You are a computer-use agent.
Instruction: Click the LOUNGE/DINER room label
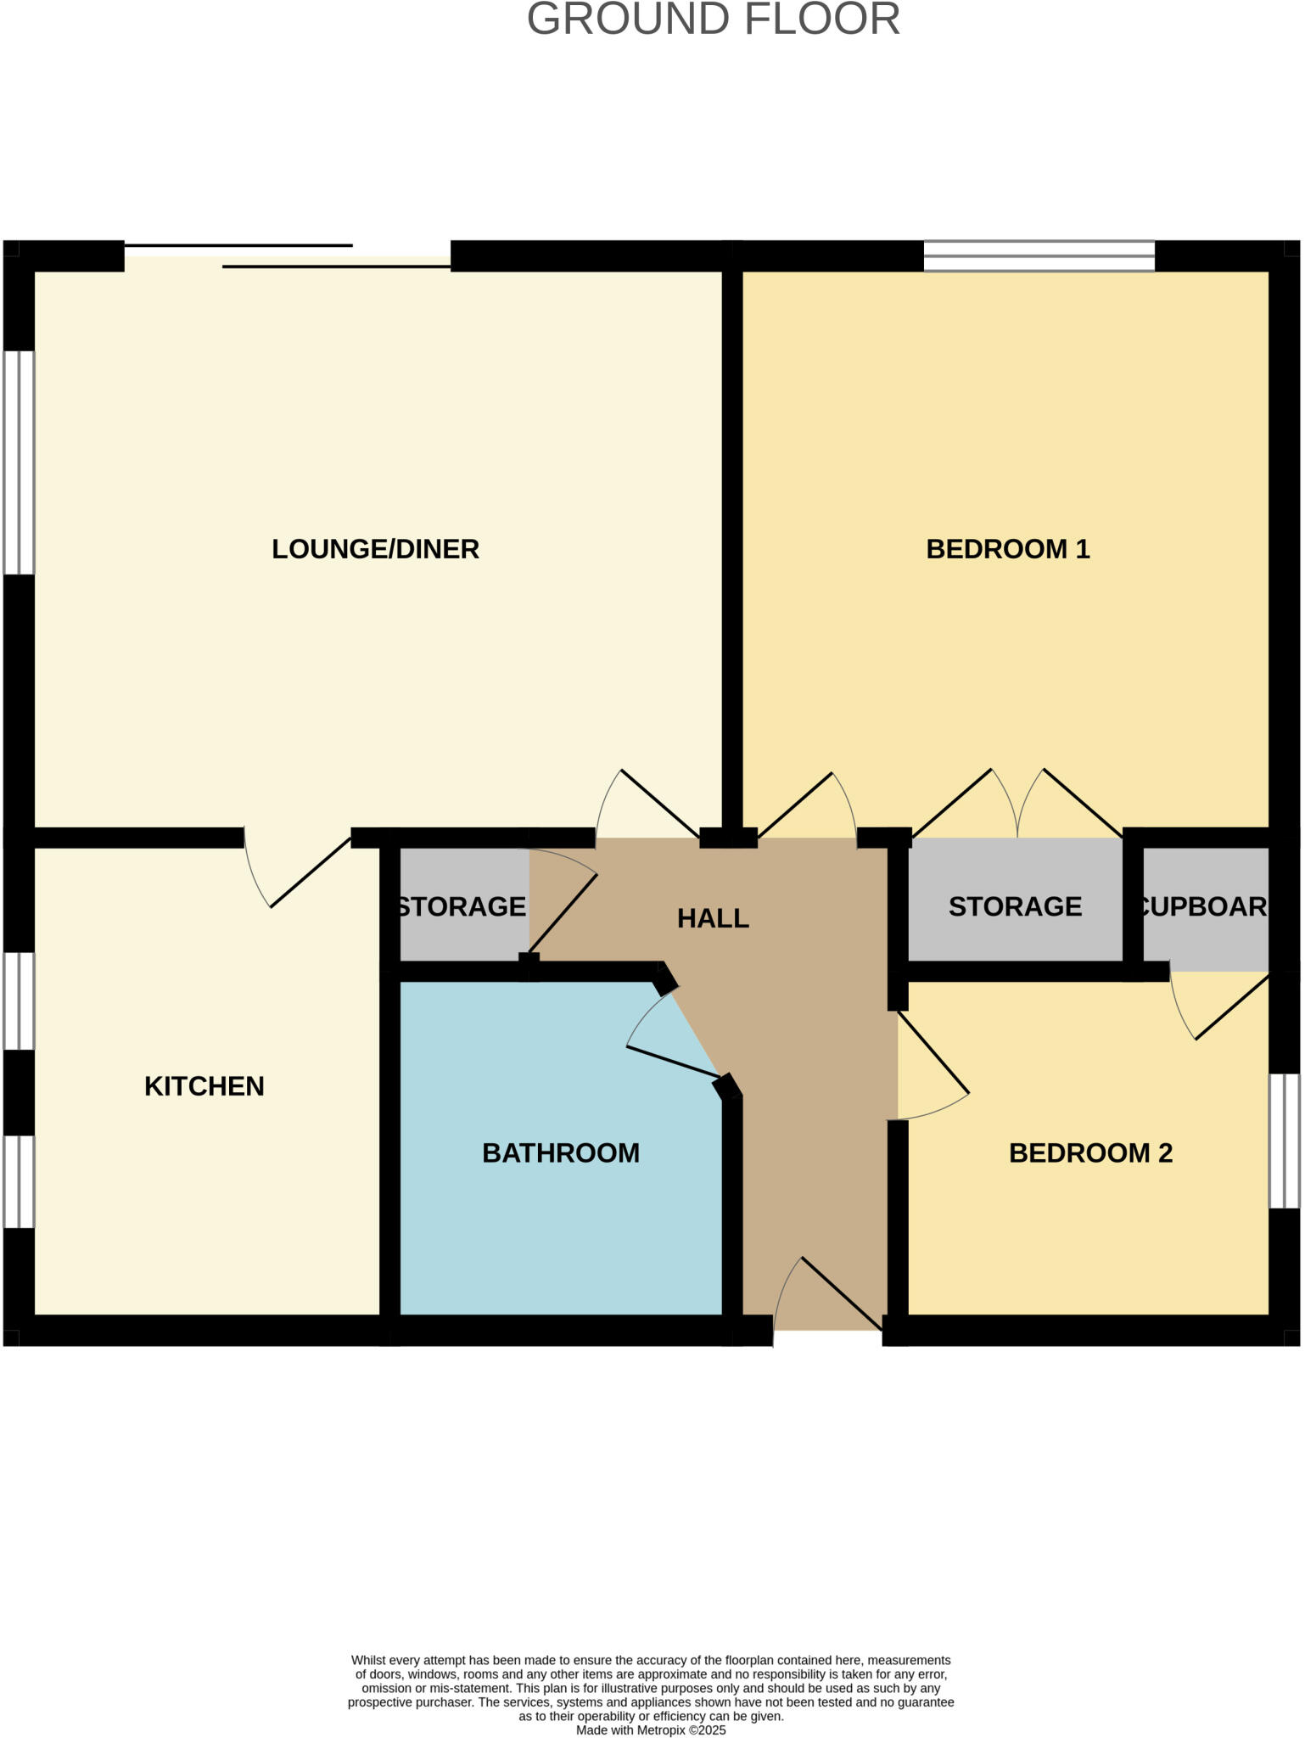pos(375,549)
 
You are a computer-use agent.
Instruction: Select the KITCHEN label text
pos(204,1086)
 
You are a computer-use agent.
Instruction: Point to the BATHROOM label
pos(560,1153)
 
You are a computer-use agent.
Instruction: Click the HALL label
pos(713,918)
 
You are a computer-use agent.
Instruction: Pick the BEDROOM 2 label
pos(1090,1153)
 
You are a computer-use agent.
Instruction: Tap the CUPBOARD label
pos(1203,906)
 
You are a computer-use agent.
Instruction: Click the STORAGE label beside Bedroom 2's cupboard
pos(1015,906)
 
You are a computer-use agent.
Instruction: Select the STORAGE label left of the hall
pos(462,906)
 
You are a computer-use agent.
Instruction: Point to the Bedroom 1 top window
pos(1039,255)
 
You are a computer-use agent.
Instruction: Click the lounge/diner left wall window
pos(19,463)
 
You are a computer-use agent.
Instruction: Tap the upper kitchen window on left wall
pos(19,1001)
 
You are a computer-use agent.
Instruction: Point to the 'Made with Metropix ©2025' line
pos(651,1730)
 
